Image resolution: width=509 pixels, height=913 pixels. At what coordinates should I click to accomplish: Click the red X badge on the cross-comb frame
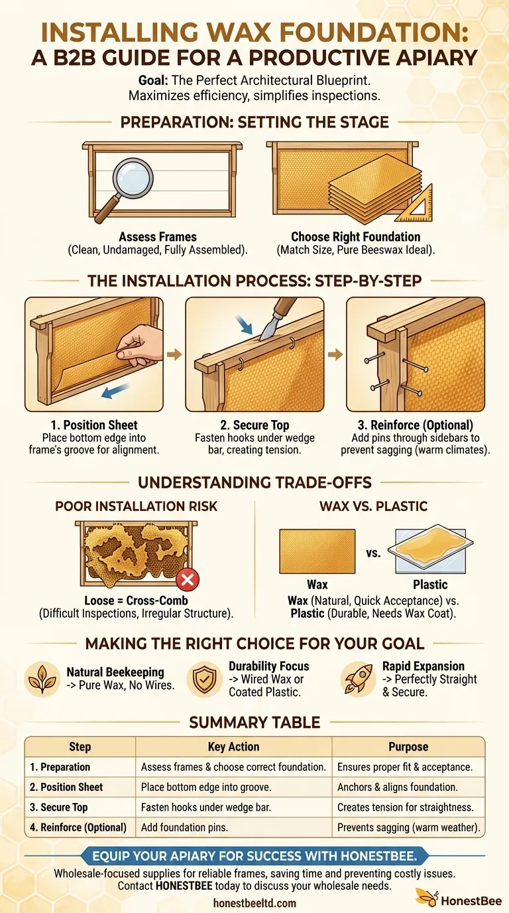(188, 581)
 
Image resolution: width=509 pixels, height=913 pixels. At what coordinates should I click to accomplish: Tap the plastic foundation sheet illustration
(432, 550)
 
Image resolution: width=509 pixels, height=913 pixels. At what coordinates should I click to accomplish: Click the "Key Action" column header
(233, 746)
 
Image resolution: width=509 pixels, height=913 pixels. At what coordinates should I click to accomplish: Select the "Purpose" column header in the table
(408, 746)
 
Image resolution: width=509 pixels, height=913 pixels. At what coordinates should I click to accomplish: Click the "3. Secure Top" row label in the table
(58, 807)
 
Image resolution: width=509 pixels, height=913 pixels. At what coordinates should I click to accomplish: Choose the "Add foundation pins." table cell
(188, 827)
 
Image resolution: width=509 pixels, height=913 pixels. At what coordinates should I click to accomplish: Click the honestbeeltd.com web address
(254, 903)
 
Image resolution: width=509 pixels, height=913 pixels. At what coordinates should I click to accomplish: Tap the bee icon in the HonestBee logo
(425, 896)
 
